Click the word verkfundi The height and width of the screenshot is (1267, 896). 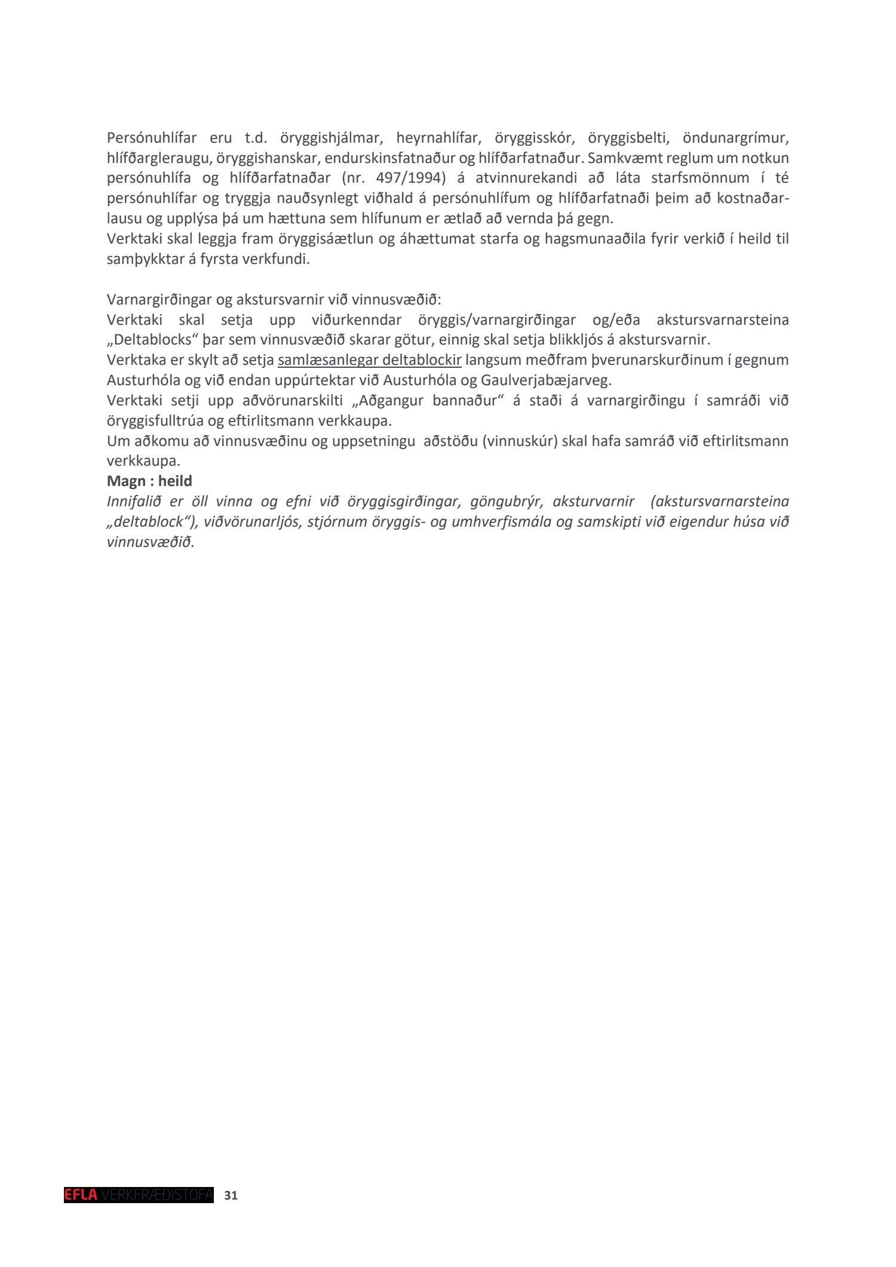(x=281, y=260)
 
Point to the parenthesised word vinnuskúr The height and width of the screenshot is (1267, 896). (x=519, y=441)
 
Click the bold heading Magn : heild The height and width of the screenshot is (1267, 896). (x=149, y=481)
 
